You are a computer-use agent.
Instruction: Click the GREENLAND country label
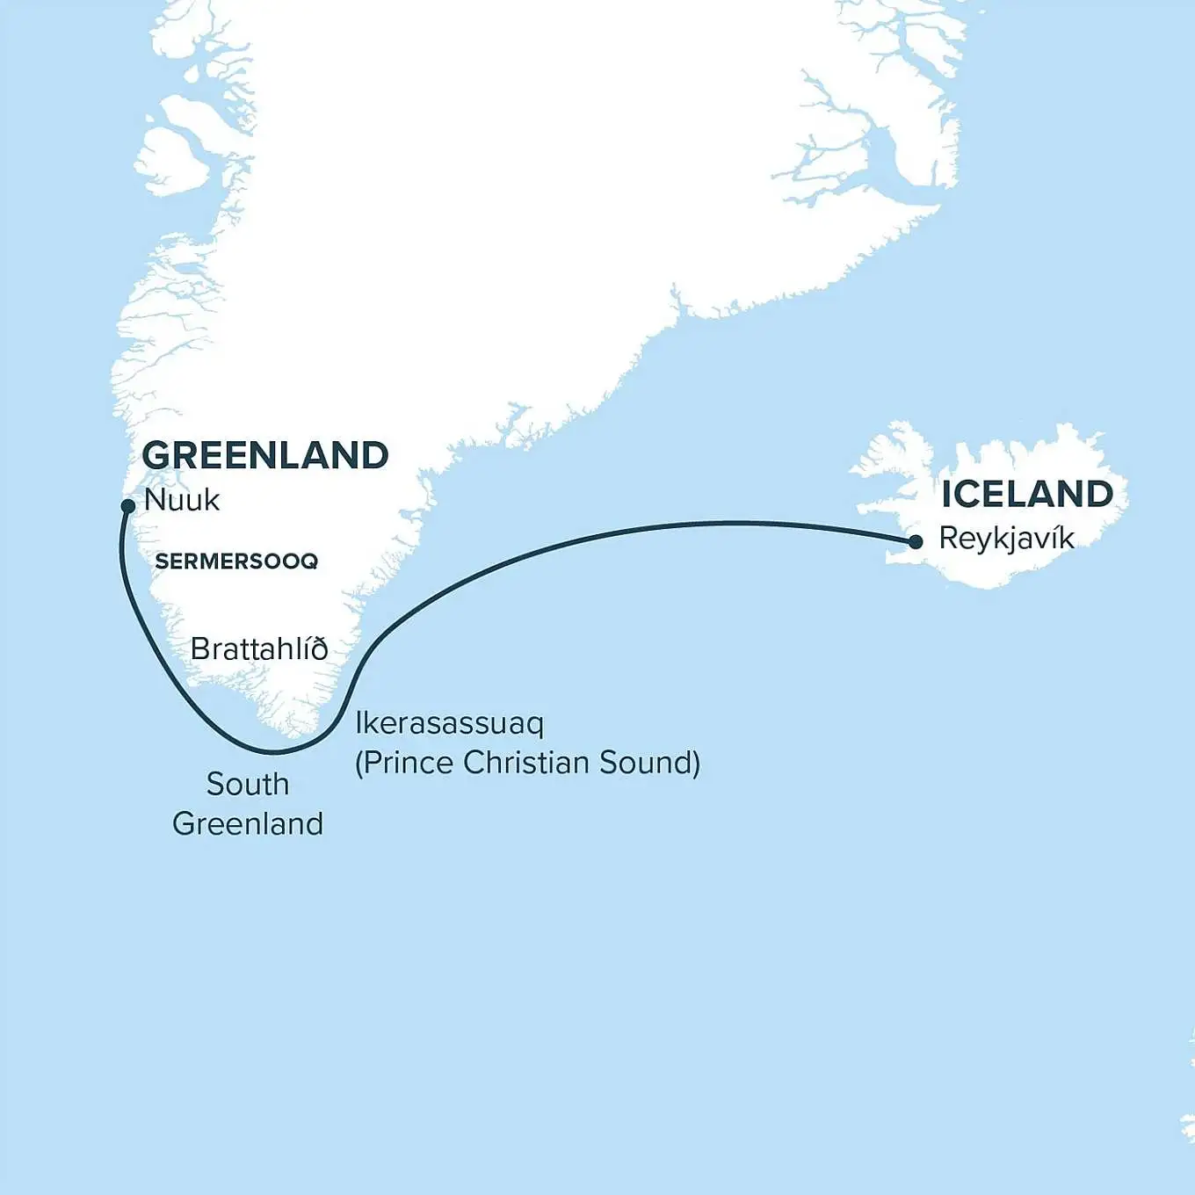[265, 455]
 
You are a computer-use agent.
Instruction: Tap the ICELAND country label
[1027, 495]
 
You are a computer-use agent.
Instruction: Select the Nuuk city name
[182, 500]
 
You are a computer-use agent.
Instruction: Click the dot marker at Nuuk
[128, 505]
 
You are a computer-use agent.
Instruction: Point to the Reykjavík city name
[1006, 539]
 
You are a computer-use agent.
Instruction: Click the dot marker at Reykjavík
[916, 542]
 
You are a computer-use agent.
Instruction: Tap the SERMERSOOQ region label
[236, 561]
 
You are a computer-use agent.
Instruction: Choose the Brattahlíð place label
[259, 649]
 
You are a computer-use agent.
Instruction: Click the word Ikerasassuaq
[449, 724]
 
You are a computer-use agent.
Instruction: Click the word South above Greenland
[248, 784]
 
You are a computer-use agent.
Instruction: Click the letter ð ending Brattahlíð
[319, 649]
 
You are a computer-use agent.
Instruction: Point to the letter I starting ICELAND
[947, 495]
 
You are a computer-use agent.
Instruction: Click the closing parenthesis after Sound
[696, 763]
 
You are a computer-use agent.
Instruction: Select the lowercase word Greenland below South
[248, 824]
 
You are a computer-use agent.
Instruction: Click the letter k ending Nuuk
[212, 500]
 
